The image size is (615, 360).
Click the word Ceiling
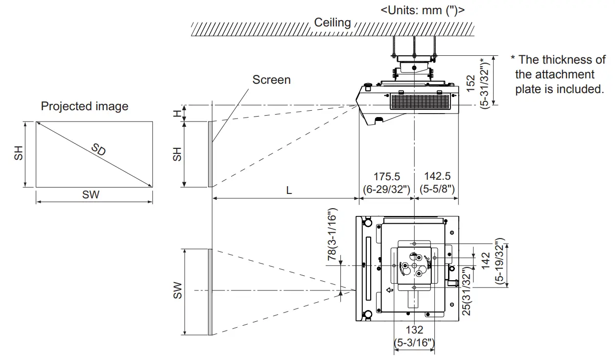click(332, 23)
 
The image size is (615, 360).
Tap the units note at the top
click(423, 9)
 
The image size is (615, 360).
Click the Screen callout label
click(271, 79)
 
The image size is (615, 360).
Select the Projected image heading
click(84, 106)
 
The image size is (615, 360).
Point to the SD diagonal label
click(98, 150)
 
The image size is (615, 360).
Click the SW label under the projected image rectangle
click(91, 195)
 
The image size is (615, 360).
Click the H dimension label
click(177, 113)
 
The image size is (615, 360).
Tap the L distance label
click(289, 191)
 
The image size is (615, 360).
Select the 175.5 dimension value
click(387, 176)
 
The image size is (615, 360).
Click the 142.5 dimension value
click(437, 176)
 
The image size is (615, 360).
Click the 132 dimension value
click(414, 331)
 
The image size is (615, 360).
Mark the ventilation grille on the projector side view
click(420, 101)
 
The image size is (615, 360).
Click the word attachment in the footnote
click(555, 74)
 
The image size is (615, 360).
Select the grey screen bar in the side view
click(210, 154)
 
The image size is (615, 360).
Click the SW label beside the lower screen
click(177, 290)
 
